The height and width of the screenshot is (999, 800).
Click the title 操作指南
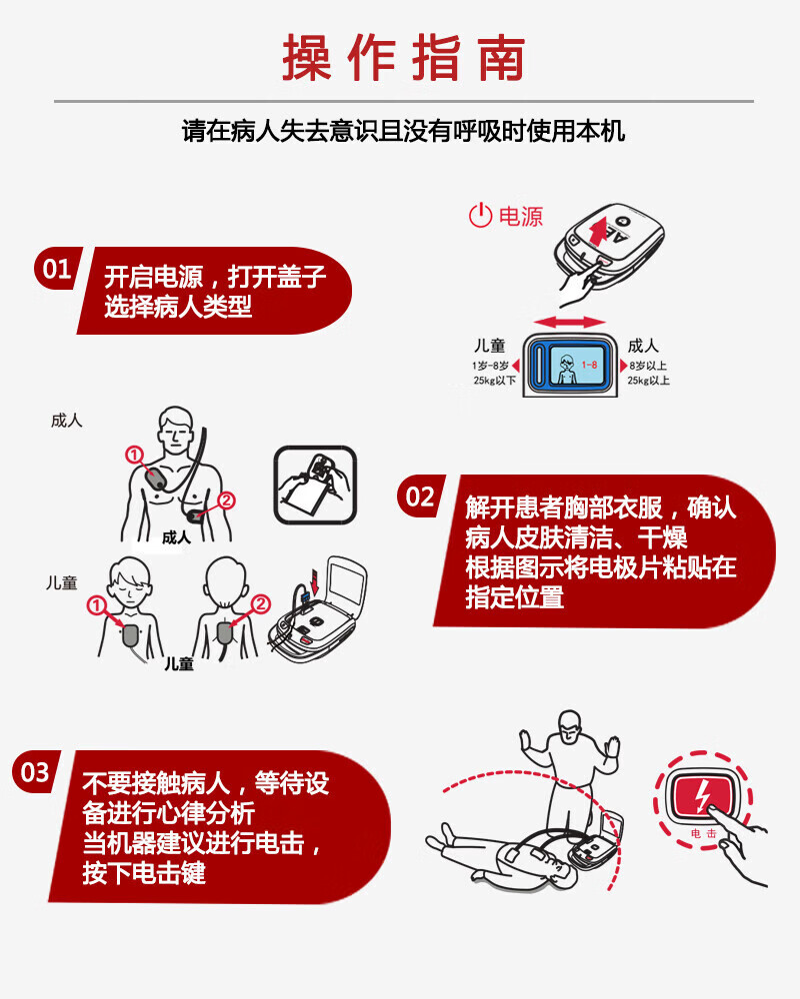coord(403,58)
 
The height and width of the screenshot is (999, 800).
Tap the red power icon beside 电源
coord(480,215)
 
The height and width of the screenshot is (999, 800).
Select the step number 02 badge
coord(420,497)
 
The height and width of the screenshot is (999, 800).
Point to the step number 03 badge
coord(35,772)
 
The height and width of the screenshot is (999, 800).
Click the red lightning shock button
coord(705,796)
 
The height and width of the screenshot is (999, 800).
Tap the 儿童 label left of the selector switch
coord(490,346)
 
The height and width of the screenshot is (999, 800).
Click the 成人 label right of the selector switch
coord(643,346)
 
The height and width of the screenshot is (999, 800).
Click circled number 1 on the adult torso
coord(134,455)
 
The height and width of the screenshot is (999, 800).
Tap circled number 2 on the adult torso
coord(226,500)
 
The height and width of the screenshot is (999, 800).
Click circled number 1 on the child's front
coord(96,604)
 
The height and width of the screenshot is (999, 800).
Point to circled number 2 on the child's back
coord(260,603)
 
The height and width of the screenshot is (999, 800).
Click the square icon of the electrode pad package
coord(314,483)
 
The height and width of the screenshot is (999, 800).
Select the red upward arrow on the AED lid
coord(598,235)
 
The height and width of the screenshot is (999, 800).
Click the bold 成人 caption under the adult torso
coord(176,537)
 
